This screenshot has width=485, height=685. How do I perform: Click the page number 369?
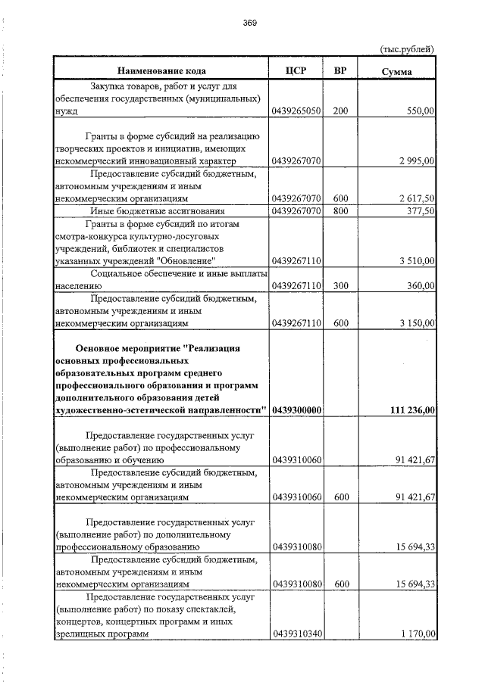(x=250, y=23)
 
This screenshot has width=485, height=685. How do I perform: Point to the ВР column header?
(x=340, y=71)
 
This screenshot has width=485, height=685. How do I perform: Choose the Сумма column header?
(x=397, y=72)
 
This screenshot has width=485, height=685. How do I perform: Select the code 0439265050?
(x=296, y=111)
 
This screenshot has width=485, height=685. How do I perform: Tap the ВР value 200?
(x=340, y=111)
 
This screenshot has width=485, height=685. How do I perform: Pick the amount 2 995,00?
(x=415, y=161)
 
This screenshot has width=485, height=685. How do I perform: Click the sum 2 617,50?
(x=415, y=198)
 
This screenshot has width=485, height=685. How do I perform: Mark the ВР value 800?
(x=340, y=211)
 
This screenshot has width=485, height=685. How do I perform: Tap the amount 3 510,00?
(x=415, y=260)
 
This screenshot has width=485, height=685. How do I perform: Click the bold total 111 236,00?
(x=410, y=409)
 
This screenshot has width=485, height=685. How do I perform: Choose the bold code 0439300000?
(x=296, y=409)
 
